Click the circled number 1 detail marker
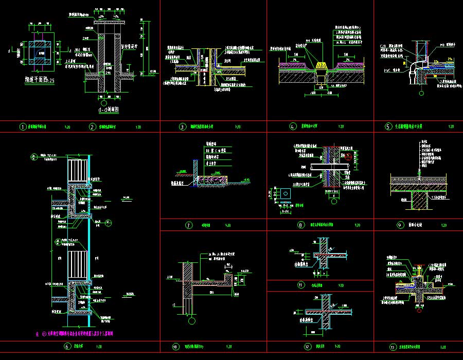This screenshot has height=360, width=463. (x=22, y=127)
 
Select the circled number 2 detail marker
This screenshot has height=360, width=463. (x=93, y=127)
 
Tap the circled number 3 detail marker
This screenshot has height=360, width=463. (x=182, y=127)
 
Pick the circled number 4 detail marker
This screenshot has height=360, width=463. (x=293, y=127)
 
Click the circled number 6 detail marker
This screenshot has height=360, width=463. (x=66, y=347)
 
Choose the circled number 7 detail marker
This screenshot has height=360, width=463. (x=189, y=225)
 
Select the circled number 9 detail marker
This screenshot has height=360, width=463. (x=399, y=225)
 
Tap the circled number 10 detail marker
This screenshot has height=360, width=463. (x=175, y=347)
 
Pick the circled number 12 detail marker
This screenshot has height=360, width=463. (x=308, y=347)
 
